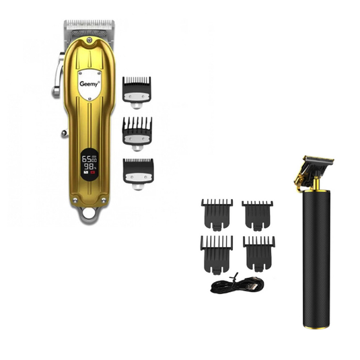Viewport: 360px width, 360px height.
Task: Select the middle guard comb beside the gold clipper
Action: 137,131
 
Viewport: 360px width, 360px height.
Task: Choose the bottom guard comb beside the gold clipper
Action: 137,171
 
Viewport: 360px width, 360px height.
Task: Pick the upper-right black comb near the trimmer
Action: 257,214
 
